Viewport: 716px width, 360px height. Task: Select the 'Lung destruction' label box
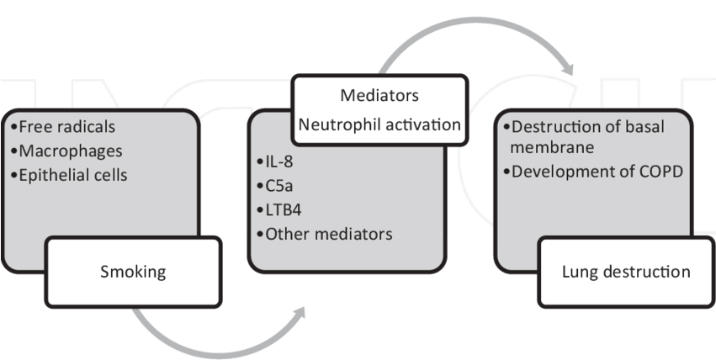pyautogui.click(x=625, y=272)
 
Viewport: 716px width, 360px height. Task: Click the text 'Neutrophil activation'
pyautogui.click(x=379, y=124)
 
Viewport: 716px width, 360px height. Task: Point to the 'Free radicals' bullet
pyautogui.click(x=66, y=127)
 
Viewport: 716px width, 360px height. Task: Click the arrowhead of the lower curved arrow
pyautogui.click(x=301, y=313)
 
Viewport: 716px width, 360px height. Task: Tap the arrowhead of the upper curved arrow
pyautogui.click(x=570, y=70)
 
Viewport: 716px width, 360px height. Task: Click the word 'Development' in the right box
pyautogui.click(x=558, y=172)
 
